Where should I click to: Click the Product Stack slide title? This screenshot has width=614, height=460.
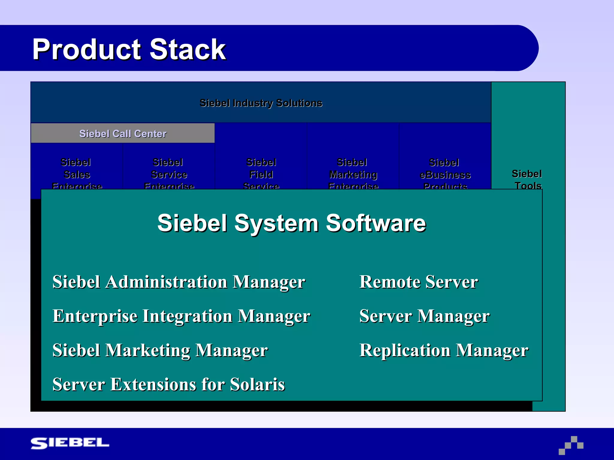pos(129,49)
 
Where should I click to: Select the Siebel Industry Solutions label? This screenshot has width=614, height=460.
pos(261,103)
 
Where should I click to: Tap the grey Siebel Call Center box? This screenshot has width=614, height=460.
pos(123,134)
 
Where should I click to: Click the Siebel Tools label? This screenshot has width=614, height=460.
pos(527,179)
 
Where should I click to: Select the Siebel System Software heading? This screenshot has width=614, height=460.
pos(291,223)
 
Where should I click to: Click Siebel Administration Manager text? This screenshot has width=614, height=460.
pos(179,282)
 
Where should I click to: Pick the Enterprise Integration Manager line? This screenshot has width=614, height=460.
pos(181,316)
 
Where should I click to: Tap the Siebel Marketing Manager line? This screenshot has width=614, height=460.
pos(160,350)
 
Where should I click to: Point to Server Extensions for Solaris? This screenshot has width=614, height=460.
pos(168,384)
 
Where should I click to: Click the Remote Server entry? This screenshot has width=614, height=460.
pos(419,282)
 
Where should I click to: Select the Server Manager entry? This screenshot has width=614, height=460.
pos(425,316)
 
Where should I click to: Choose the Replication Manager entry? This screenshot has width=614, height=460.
pos(444,350)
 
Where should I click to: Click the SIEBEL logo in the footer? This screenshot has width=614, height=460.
pos(70,443)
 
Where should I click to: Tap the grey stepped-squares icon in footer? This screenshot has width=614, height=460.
pos(571,445)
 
